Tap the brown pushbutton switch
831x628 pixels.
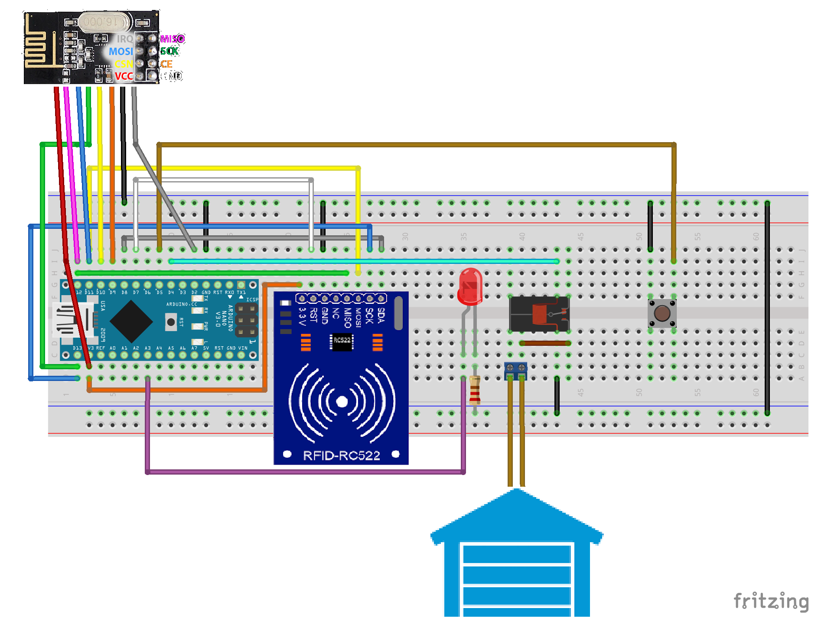coord(662,313)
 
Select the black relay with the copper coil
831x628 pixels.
coord(539,314)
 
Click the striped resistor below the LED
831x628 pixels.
coord(475,390)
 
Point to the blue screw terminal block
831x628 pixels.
coord(515,368)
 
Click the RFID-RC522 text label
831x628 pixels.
coord(341,456)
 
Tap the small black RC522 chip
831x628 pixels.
coord(342,341)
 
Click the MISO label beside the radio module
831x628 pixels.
coord(172,39)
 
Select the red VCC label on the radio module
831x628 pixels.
coord(124,76)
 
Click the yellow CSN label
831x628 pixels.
coord(124,64)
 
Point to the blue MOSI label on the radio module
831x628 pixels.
coord(121,52)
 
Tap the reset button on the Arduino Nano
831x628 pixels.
coord(171,322)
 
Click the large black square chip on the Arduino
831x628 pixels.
coord(131,321)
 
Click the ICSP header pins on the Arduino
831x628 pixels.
coord(246,320)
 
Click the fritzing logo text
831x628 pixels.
coord(771,601)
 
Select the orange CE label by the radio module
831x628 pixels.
coord(166,64)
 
